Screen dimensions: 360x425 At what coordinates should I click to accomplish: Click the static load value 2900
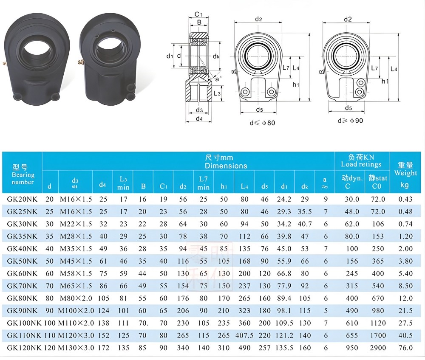pos(378,348)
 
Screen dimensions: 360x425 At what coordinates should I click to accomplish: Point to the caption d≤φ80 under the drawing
pos(262,123)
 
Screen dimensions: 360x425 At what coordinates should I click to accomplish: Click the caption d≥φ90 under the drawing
pos(350,121)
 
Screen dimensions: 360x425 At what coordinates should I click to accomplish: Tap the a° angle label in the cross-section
pos(218,79)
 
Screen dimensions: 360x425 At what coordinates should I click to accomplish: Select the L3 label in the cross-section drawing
pos(217,93)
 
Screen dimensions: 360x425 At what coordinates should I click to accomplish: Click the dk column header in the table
pos(305,185)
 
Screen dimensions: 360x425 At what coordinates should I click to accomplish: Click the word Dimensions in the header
pos(226,166)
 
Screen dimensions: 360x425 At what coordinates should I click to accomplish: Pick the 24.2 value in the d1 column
pos(284,199)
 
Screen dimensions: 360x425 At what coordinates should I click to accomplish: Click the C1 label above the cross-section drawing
pos(198,14)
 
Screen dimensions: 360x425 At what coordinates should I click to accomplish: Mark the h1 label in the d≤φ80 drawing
pos(296,84)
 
